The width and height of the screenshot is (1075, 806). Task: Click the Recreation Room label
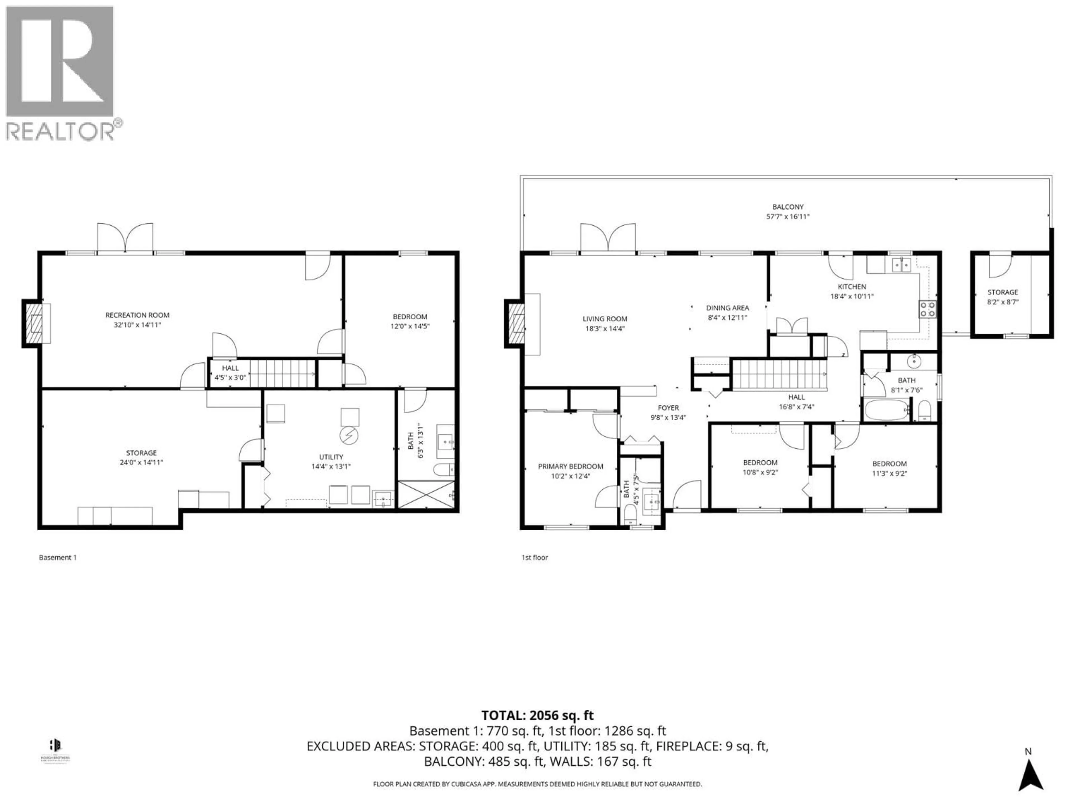pyautogui.click(x=137, y=315)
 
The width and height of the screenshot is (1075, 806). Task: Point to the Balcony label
pyautogui.click(x=788, y=207)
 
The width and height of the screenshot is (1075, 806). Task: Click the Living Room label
pyautogui.click(x=605, y=319)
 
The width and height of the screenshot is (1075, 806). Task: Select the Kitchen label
pyautogui.click(x=851, y=287)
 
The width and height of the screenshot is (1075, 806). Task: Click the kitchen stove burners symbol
pyautogui.click(x=927, y=310)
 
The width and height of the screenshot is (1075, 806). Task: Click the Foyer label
pyautogui.click(x=668, y=408)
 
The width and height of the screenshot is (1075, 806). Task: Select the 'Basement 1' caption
pyautogui.click(x=58, y=558)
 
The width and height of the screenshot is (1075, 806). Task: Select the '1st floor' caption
pyautogui.click(x=535, y=558)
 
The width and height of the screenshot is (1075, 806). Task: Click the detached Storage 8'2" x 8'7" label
pyautogui.click(x=1002, y=292)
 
